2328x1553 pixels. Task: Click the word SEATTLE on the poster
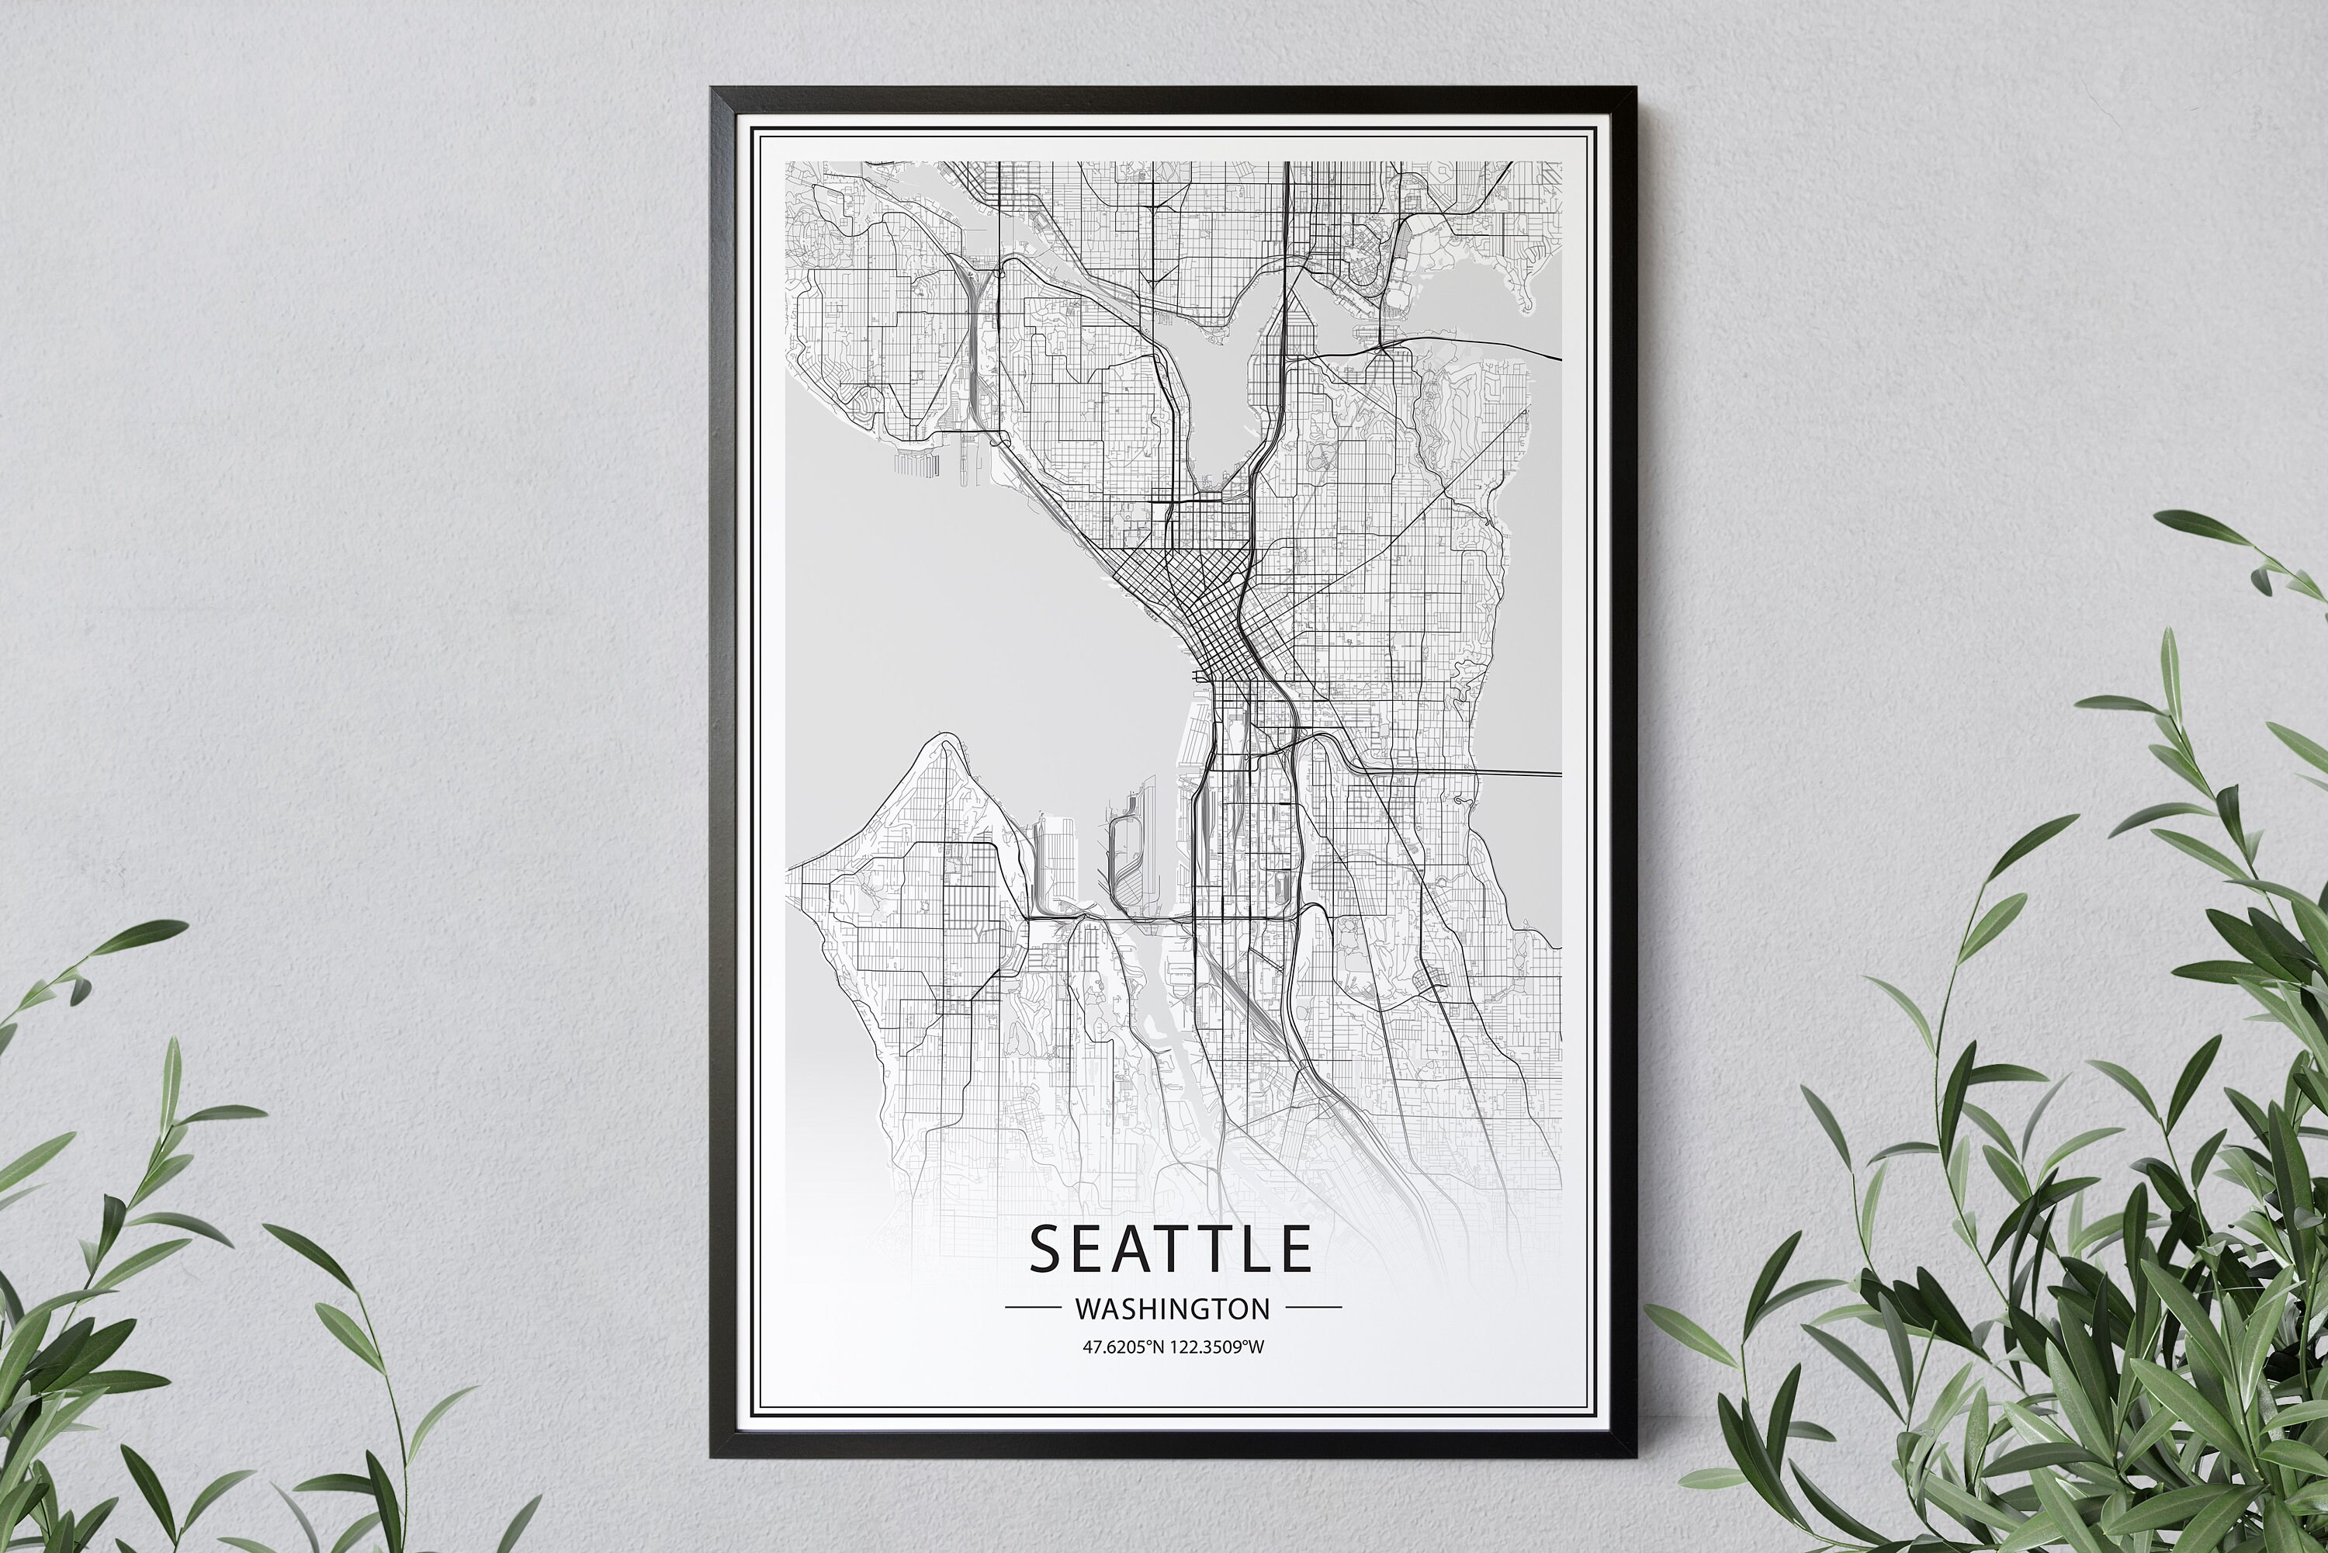[x=1172, y=1249]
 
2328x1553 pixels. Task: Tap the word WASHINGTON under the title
[x=1173, y=1309]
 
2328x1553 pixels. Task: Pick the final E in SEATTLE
[x=1294, y=1249]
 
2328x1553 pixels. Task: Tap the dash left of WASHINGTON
[x=1033, y=1309]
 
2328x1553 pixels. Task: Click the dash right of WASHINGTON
[x=1313, y=1309]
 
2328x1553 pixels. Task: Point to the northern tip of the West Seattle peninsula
[x=940, y=739]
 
